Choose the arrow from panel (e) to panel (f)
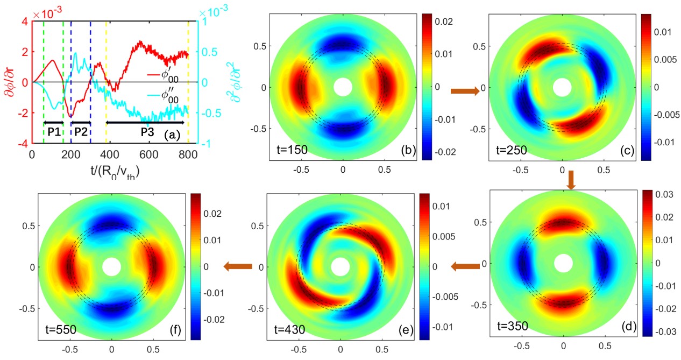[x=237, y=266]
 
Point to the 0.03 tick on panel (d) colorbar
[x=661, y=193]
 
